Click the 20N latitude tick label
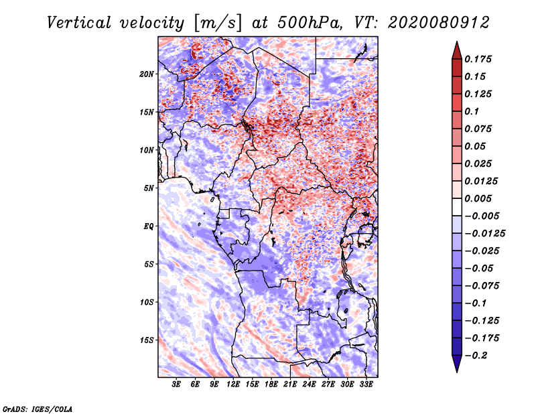click(147, 74)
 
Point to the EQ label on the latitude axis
click(148, 226)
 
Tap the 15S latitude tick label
click(147, 340)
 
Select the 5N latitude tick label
click(149, 188)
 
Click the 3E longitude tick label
click(177, 385)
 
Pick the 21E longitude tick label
click(290, 385)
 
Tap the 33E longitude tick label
click(366, 385)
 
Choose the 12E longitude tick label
click(234, 385)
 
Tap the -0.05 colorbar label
click(478, 268)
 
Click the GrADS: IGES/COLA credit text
click(37, 408)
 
